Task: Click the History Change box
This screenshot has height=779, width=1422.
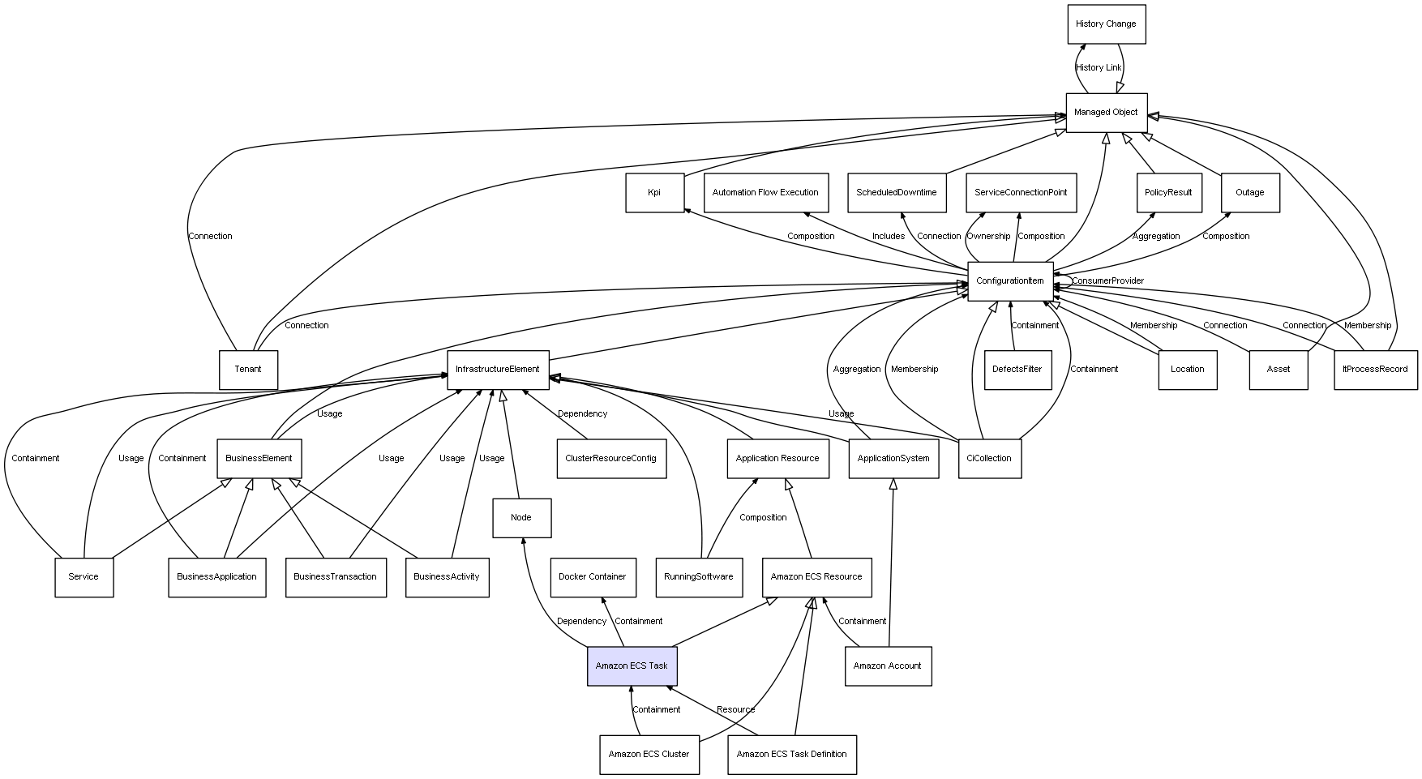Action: [x=1106, y=24]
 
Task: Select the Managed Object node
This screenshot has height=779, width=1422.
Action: [x=1106, y=113]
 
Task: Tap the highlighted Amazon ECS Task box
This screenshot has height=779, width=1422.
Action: [x=632, y=666]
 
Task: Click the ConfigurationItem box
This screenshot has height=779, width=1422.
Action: [x=1010, y=281]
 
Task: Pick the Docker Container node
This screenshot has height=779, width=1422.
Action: [x=593, y=577]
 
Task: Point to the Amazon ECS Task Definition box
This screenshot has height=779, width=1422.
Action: [x=791, y=755]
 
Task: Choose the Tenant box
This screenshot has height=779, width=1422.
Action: [x=248, y=370]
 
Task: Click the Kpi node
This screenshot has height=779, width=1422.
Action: [x=654, y=193]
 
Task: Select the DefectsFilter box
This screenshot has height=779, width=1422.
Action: [x=1017, y=370]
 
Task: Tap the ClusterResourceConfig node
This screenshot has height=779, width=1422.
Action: [x=610, y=459]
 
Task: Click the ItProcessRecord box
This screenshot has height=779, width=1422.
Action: [x=1375, y=370]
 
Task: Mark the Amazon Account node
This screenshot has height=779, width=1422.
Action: [x=888, y=666]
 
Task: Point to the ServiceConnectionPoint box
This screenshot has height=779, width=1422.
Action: [x=1021, y=193]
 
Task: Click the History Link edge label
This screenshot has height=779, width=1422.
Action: [x=1099, y=68]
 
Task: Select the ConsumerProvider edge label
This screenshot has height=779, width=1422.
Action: [x=1107, y=281]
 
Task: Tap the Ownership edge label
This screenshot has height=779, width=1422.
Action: [x=988, y=237]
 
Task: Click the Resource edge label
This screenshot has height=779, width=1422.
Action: [x=735, y=710]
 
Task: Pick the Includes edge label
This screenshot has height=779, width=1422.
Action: [x=889, y=237]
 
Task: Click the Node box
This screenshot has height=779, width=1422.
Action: [x=521, y=518]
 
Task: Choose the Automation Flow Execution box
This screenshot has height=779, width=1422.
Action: [x=765, y=193]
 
